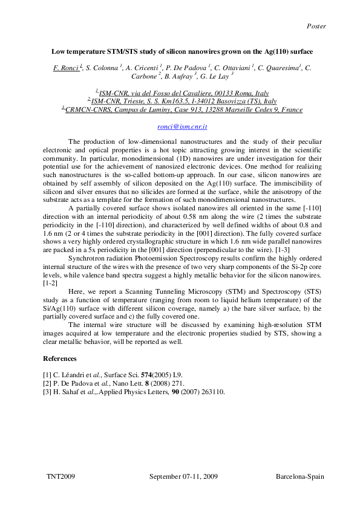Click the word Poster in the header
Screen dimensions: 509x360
[316, 26]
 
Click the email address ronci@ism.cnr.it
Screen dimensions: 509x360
[182, 127]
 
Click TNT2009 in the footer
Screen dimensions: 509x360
[61, 477]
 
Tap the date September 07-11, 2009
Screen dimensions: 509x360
[183, 477]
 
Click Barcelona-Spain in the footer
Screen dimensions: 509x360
[300, 477]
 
